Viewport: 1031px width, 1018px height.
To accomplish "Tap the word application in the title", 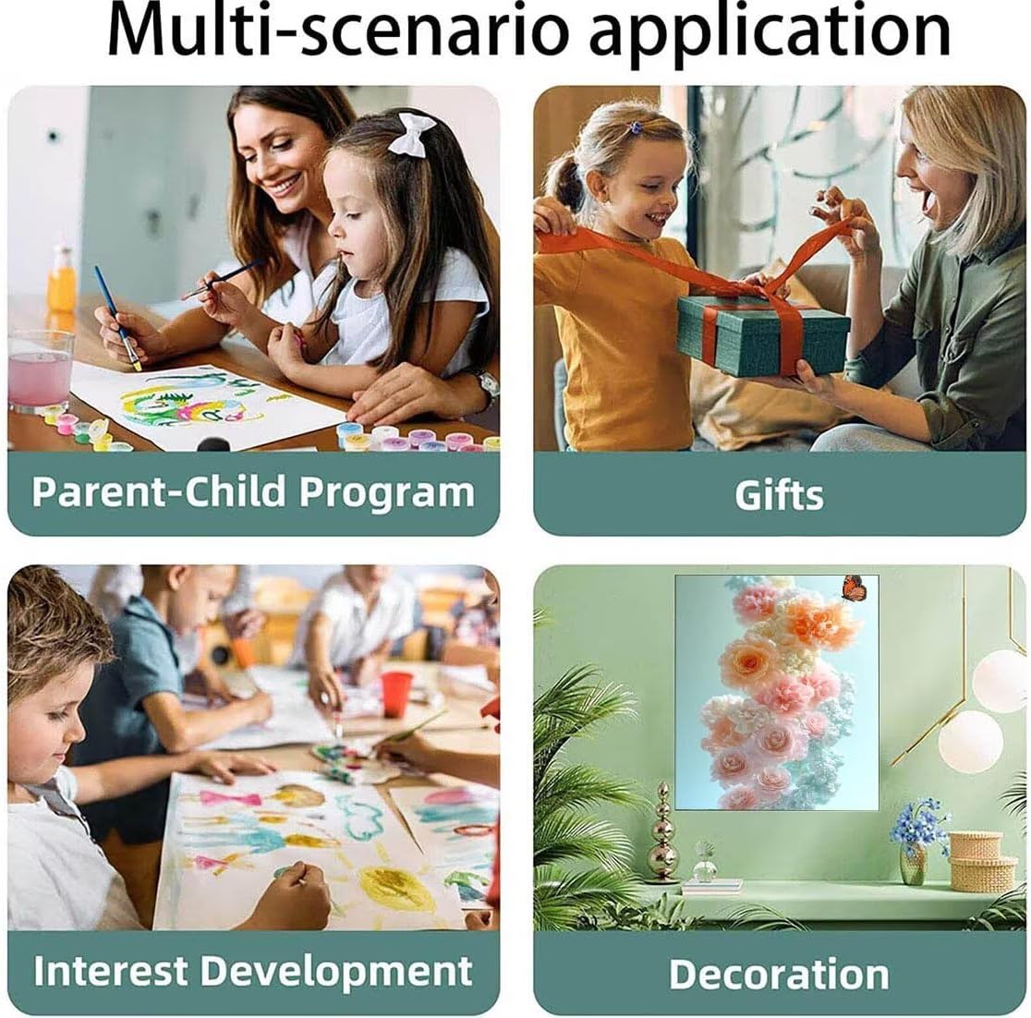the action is coord(770,33).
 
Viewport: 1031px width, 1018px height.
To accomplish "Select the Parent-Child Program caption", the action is coord(253,491).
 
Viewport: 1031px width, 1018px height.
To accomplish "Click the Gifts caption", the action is coord(779,494).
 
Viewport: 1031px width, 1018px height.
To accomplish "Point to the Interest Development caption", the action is coord(253,972).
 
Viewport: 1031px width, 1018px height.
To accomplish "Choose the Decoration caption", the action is coord(779,974).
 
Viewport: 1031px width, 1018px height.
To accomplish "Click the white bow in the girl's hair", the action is coord(412,134).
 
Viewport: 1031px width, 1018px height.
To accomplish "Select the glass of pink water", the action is coord(40,370).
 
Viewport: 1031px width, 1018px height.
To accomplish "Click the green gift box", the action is coord(763,334).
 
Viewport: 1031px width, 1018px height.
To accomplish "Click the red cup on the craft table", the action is coord(396,695).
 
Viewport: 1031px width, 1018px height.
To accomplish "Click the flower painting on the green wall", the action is coord(777,693).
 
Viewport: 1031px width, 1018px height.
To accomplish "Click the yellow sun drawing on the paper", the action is coord(397,888).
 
